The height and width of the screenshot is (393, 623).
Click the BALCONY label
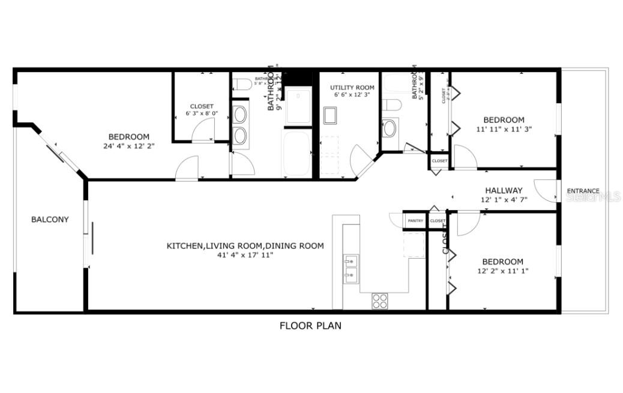click(50, 220)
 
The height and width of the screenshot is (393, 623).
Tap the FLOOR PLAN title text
click(310, 326)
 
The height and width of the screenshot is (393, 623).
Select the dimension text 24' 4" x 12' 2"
click(128, 146)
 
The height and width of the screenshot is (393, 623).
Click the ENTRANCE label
click(583, 191)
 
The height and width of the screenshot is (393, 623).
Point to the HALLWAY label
click(504, 191)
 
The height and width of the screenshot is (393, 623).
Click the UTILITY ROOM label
click(352, 88)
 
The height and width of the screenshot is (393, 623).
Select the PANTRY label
click(415, 221)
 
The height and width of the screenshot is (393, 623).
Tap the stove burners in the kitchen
click(379, 300)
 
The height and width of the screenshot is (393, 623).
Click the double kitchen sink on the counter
click(352, 268)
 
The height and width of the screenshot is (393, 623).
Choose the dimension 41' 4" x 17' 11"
click(245, 255)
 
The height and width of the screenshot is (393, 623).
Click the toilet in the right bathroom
click(392, 106)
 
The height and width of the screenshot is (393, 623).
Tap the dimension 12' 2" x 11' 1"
click(502, 271)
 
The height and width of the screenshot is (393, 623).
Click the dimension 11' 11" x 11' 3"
click(504, 128)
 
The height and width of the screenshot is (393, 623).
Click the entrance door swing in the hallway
click(546, 191)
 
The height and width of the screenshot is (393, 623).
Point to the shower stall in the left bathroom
click(298, 106)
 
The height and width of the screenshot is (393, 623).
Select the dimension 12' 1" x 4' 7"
click(504, 200)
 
